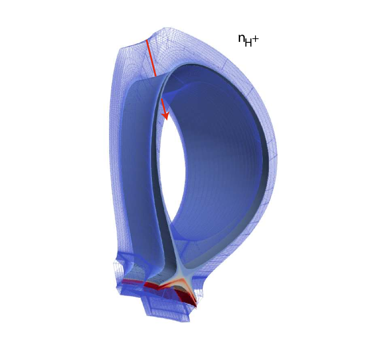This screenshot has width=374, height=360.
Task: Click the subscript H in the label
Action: [248, 43]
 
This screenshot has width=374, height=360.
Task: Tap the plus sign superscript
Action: [255, 39]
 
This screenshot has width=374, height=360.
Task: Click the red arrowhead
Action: [165, 116]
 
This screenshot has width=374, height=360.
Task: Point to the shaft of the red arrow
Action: [164, 106]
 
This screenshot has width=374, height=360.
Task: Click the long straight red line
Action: [151, 58]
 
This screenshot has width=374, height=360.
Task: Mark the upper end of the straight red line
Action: [146, 40]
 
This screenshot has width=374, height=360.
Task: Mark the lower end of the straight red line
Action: [156, 76]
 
